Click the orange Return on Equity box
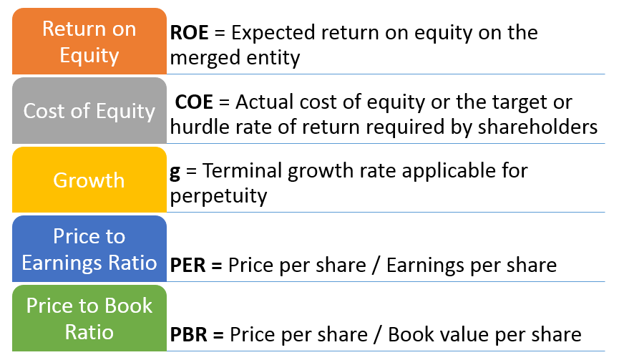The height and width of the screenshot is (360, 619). tap(89, 41)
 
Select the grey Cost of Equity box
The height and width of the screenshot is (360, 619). tap(89, 111)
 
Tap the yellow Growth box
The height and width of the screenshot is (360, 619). tap(89, 180)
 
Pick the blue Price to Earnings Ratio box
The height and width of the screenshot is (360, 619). tap(89, 249)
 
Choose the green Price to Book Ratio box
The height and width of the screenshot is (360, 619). tap(89, 318)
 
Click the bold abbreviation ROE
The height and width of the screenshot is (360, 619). tap(190, 33)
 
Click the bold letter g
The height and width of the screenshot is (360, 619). tap(175, 172)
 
